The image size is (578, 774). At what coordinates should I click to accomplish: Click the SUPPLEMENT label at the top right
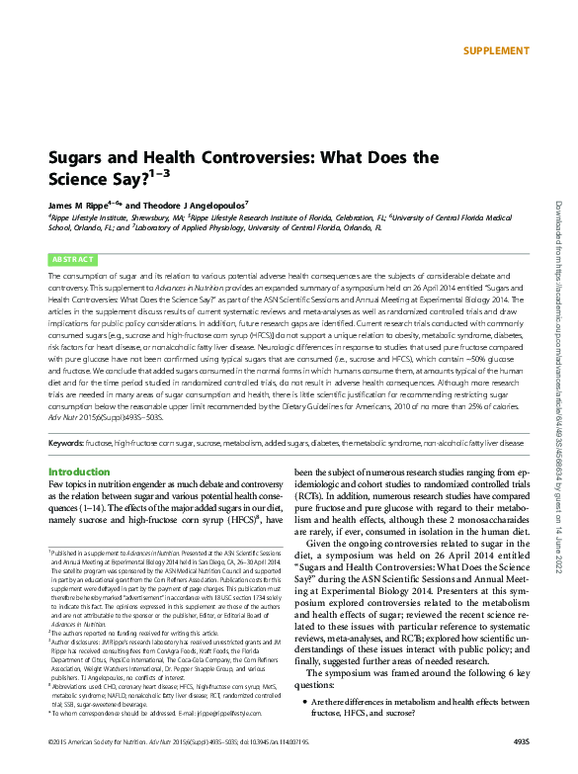[495, 50]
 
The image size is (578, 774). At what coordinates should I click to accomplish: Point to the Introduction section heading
[79, 473]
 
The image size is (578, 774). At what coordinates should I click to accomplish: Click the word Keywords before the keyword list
[65, 444]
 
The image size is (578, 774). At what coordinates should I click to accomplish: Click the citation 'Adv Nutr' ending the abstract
[63, 418]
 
